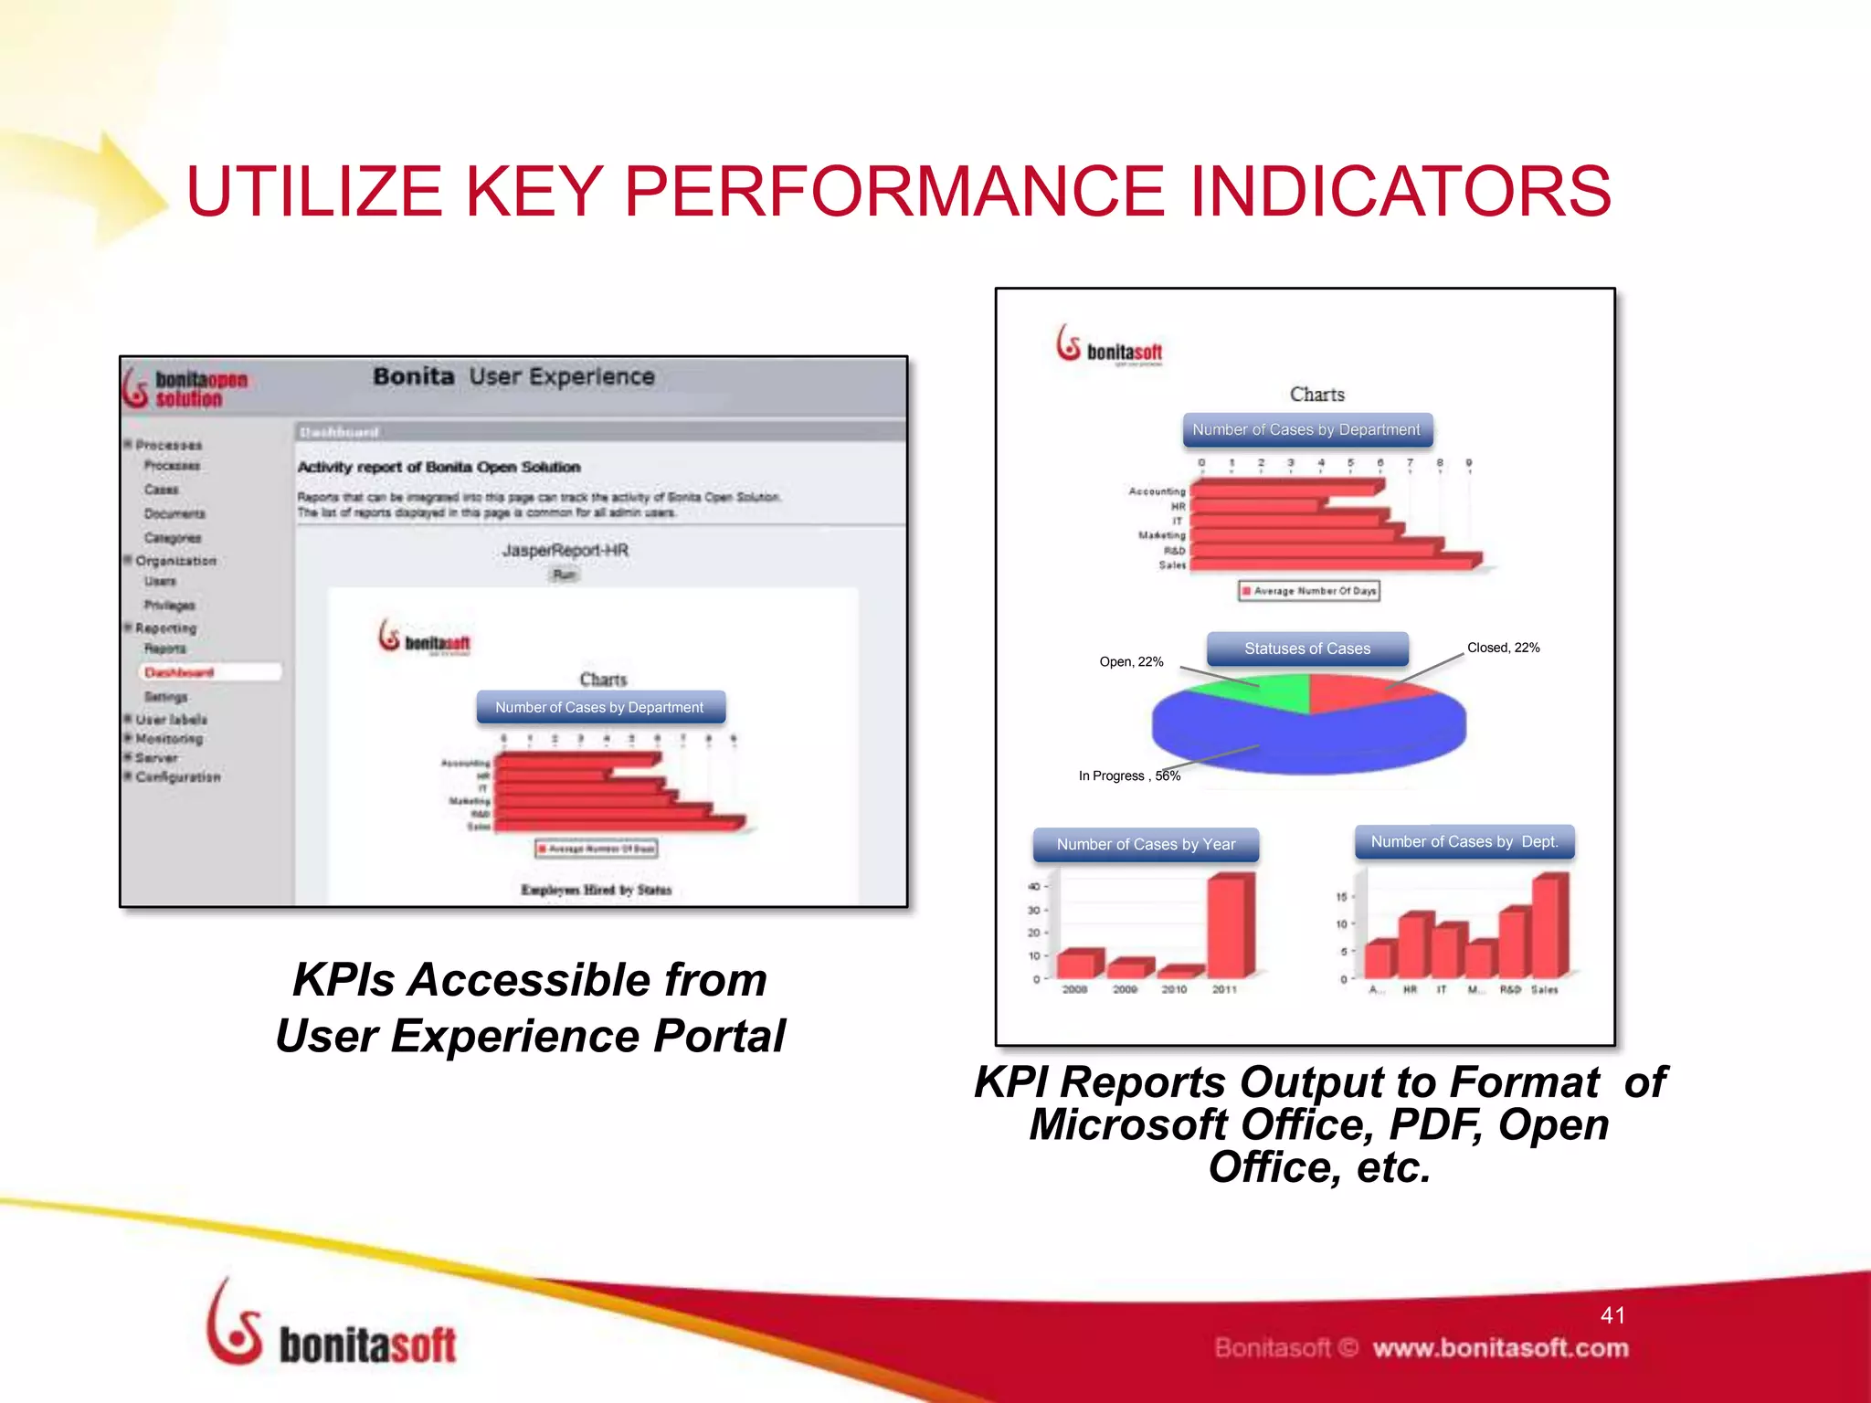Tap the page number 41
(1612, 1315)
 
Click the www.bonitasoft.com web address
(1500, 1348)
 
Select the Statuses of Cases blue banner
(1306, 649)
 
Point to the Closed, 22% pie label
(1503, 648)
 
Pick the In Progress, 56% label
(1129, 775)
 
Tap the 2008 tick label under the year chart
(1074, 989)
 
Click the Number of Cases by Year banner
(1146, 845)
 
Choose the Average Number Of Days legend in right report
(1308, 591)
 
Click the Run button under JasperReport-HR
(565, 575)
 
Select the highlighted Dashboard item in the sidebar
(180, 672)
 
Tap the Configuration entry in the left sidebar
(178, 777)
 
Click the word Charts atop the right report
(1316, 395)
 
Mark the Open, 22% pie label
(1131, 662)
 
